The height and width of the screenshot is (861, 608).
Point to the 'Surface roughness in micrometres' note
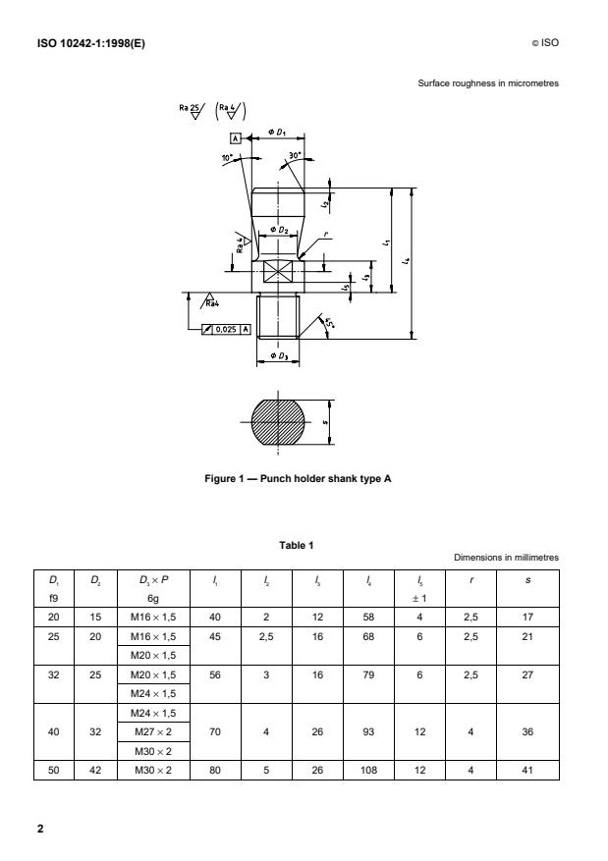[x=488, y=83]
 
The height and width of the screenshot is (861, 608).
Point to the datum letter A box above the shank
[x=237, y=139]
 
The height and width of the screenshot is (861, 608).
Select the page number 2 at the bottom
[x=40, y=828]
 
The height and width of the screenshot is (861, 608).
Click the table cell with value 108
[x=364, y=771]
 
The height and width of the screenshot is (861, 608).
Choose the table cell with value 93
[x=364, y=732]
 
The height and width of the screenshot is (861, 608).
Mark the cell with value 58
[x=364, y=617]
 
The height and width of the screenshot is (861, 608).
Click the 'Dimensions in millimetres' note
[x=506, y=558]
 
